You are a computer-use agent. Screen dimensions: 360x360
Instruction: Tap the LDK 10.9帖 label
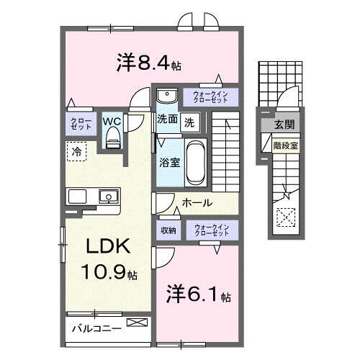tap(108, 259)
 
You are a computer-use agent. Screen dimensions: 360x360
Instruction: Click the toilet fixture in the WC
tap(112, 140)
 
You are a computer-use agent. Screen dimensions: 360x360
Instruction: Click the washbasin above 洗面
tap(166, 96)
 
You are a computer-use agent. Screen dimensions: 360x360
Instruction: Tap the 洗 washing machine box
tap(189, 122)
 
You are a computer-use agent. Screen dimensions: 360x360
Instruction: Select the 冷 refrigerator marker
tap(76, 152)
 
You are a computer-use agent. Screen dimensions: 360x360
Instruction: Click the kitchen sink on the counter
tap(109, 195)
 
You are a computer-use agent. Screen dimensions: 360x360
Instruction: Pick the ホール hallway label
tap(196, 204)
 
